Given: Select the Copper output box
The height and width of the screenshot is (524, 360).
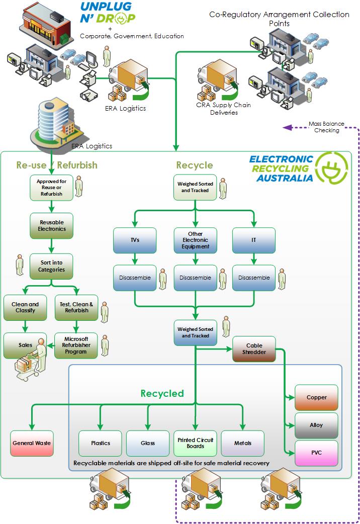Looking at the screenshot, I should tap(316, 397).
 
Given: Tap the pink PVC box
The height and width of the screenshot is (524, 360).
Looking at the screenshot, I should tap(316, 453).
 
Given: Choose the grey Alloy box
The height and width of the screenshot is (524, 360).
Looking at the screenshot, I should tap(316, 425).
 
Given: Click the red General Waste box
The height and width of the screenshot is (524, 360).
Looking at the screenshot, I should tap(32, 443).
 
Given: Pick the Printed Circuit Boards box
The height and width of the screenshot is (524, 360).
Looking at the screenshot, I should tap(195, 443).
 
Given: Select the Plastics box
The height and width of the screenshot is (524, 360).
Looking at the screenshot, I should tap(100, 443).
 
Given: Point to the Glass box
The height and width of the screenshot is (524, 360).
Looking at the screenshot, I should tap(148, 443).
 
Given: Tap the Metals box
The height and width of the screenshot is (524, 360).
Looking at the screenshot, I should tap(243, 443).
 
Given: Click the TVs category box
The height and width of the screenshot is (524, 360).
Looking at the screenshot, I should tap(134, 240).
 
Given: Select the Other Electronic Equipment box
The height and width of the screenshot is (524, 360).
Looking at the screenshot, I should tap(195, 240).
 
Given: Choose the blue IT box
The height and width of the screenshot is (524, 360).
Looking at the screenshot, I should tap(254, 240).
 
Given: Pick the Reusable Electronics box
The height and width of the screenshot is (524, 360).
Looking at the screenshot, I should tap(51, 225).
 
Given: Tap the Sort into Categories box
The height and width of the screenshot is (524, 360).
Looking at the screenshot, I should tap(51, 266).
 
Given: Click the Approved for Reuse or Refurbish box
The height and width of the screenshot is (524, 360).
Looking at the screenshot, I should tap(51, 187).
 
